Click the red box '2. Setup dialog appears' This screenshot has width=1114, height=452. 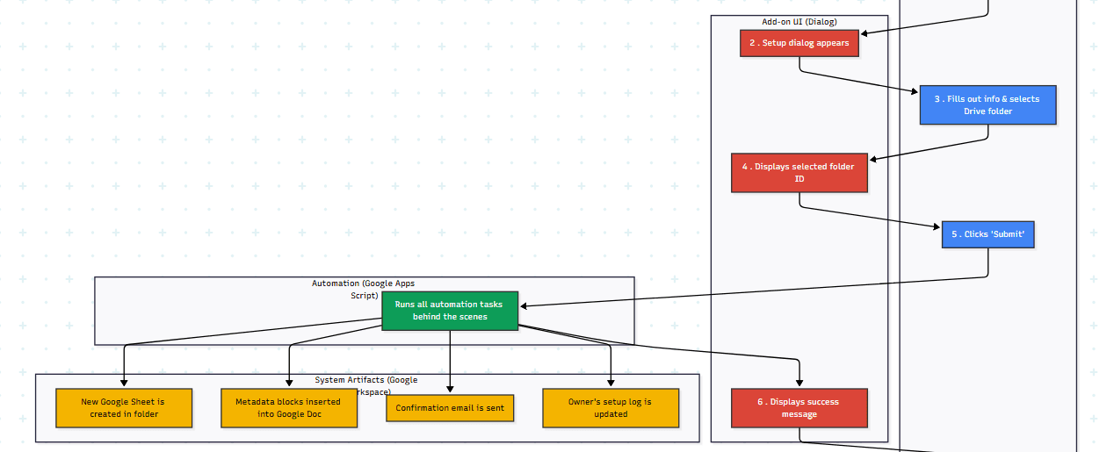(799, 43)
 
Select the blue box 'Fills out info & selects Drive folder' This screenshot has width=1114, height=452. (987, 105)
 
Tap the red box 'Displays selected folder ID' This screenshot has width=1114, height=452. (799, 172)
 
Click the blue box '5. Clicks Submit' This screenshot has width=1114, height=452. (987, 234)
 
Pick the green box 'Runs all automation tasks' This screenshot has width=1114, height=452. (449, 311)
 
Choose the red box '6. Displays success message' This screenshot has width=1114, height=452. (799, 408)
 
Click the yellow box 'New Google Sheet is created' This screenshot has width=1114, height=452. (124, 408)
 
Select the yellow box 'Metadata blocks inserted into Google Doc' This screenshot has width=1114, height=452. (289, 408)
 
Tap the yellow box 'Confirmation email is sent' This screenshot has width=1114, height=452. (450, 408)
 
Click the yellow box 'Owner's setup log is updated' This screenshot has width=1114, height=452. (611, 408)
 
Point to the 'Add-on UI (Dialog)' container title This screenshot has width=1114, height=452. (799, 21)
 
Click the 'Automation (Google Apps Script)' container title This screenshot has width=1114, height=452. (363, 289)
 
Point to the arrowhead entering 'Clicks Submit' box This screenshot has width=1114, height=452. (937, 227)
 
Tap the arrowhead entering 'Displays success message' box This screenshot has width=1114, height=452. (799, 384)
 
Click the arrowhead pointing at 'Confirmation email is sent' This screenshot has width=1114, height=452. (450, 389)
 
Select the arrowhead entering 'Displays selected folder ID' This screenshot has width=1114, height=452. (873, 159)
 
